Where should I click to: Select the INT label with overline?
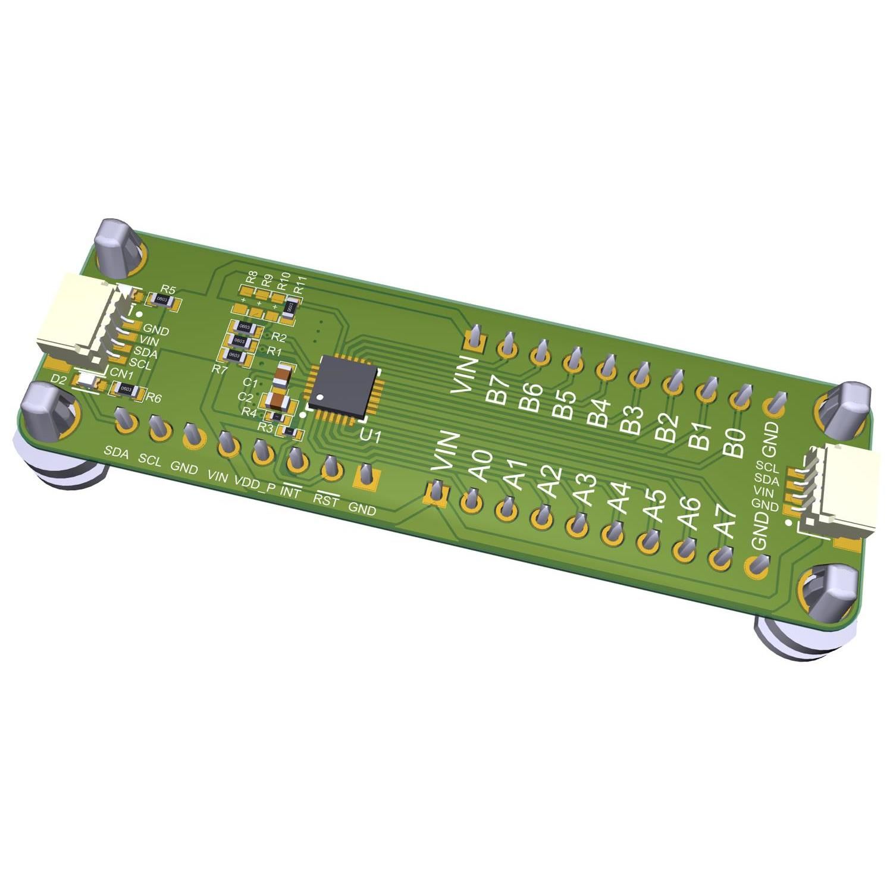point(291,491)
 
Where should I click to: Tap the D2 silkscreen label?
point(59,379)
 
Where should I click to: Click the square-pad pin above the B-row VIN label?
point(476,338)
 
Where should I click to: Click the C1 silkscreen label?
point(250,383)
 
